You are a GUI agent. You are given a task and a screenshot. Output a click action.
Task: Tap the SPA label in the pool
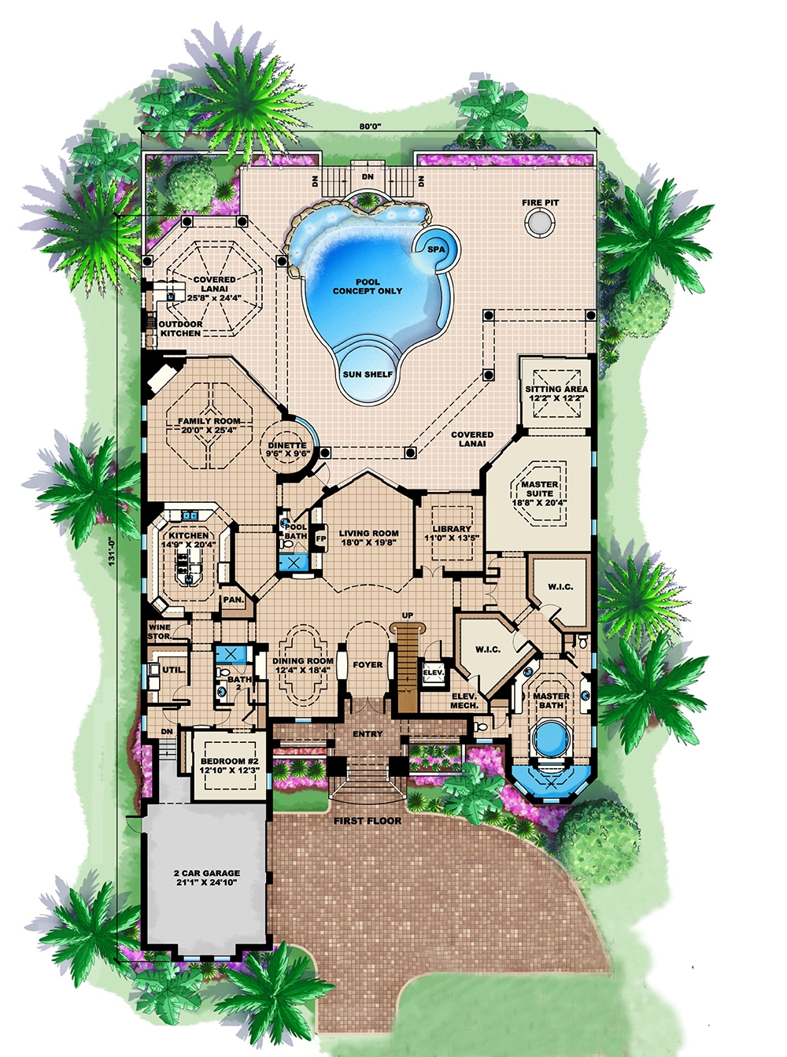[435, 249]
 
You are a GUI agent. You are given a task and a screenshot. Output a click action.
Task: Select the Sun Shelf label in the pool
[368, 375]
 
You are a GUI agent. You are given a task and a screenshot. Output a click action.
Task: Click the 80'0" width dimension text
[370, 126]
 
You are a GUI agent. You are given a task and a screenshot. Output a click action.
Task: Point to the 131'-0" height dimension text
[112, 550]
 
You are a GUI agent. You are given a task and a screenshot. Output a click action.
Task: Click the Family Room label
[209, 426]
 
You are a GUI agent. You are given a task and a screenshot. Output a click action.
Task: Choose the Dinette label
[287, 449]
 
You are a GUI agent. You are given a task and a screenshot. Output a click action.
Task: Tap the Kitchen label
[188, 540]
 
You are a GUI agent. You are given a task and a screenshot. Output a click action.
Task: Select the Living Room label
[368, 538]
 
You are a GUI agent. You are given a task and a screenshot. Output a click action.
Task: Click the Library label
[452, 534]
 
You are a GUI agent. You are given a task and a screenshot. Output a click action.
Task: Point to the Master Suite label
[540, 493]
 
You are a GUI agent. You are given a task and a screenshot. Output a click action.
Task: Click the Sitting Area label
[556, 394]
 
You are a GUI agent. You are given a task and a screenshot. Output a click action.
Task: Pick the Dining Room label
[304, 666]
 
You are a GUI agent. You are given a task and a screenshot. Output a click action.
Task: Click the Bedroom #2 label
[229, 766]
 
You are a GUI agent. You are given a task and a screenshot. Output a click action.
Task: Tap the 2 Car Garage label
[207, 878]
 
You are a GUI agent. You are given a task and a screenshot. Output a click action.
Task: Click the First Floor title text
[368, 821]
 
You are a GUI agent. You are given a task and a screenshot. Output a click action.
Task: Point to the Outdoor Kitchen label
[181, 328]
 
